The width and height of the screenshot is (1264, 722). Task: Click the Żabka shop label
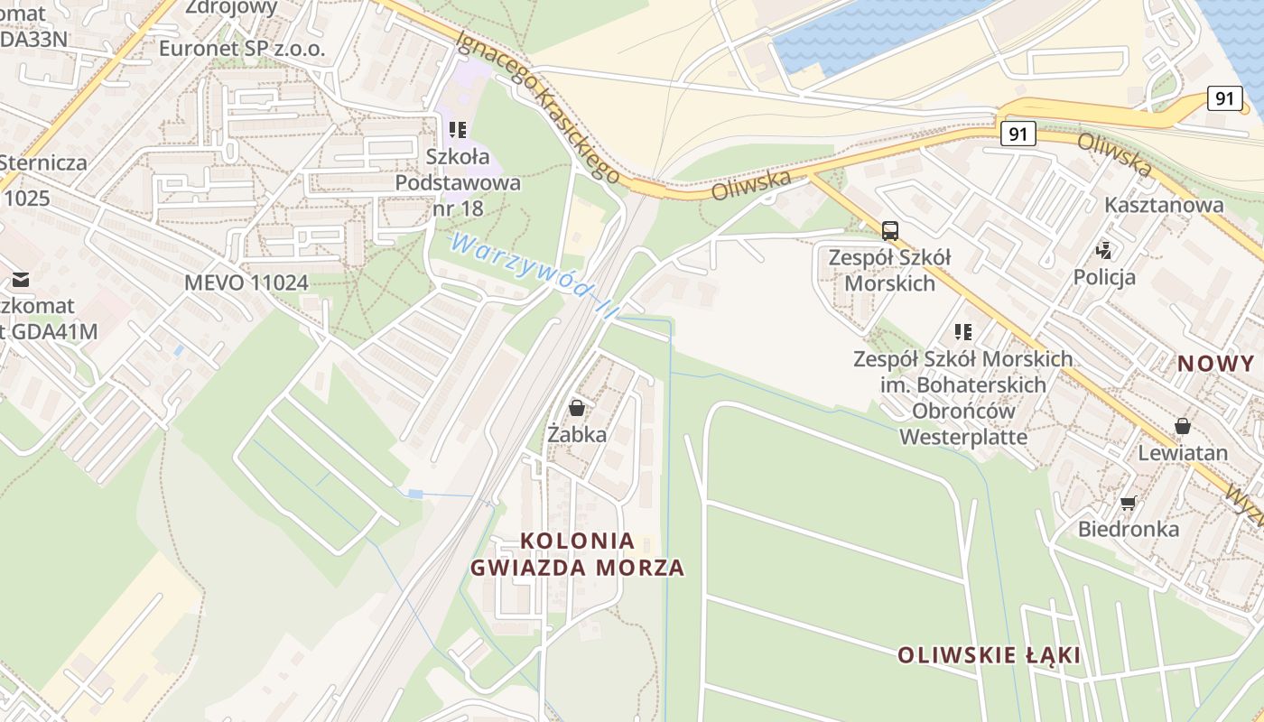tap(577, 434)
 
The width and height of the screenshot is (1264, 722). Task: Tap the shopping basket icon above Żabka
tap(577, 408)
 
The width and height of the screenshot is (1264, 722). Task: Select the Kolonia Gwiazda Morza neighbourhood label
tap(577, 554)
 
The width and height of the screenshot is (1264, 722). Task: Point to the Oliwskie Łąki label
tap(990, 655)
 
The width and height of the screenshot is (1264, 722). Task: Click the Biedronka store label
tap(1129, 529)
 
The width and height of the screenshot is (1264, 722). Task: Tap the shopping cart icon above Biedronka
tap(1128, 503)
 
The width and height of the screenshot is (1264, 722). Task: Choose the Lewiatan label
tap(1183, 452)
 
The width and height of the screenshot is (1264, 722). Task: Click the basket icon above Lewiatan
tap(1183, 426)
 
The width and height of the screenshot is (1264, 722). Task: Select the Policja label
tap(1104, 276)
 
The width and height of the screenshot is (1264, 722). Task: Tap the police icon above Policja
tap(1103, 249)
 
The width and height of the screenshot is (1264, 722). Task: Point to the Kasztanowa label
tap(1165, 205)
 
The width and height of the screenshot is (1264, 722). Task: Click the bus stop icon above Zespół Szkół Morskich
tap(890, 230)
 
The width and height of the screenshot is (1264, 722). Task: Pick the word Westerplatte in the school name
tap(963, 437)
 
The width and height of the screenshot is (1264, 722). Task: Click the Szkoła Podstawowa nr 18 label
tap(458, 182)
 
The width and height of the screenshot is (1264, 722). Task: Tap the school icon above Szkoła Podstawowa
tap(458, 130)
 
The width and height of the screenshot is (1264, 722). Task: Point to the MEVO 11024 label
tap(246, 282)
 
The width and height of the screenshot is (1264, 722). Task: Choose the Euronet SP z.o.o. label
tap(242, 49)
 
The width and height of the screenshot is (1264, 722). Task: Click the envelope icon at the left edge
tap(20, 280)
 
